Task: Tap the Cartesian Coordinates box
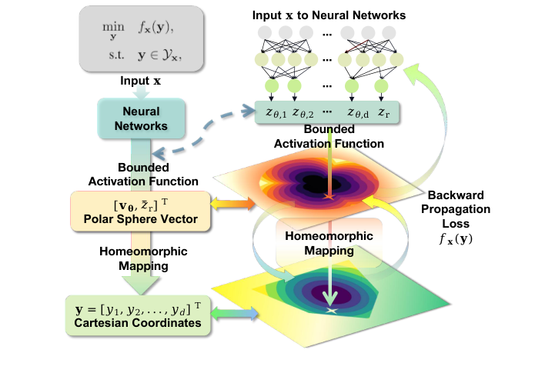135,316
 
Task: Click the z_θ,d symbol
358,114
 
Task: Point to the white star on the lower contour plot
333,310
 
